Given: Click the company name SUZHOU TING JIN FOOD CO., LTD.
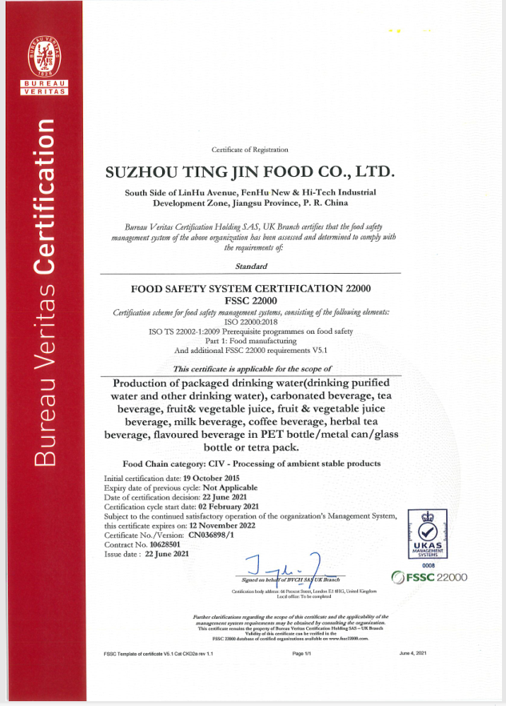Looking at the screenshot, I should point(250,172).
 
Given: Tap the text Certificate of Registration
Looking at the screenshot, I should point(250,150).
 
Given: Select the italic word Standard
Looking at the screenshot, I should point(252,265).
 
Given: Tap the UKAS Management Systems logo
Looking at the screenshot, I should point(432,535).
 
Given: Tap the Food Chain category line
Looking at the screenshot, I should point(252,463).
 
